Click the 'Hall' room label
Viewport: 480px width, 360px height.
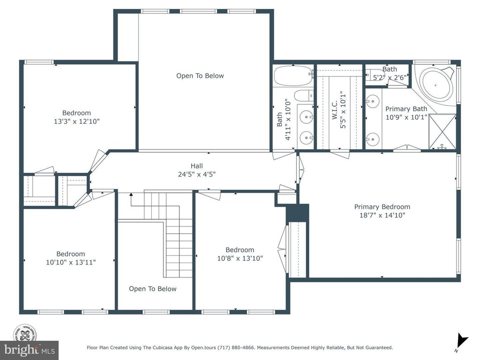(x=196, y=166)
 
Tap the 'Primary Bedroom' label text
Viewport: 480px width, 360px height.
(x=382, y=207)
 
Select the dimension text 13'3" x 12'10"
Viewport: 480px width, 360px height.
(x=77, y=121)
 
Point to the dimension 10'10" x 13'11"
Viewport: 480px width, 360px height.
(x=71, y=262)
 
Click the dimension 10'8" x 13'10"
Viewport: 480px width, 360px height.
(x=240, y=258)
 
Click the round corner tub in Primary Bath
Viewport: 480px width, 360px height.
(x=436, y=84)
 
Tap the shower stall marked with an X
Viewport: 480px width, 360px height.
(x=442, y=132)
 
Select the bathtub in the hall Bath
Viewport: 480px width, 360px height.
(x=293, y=75)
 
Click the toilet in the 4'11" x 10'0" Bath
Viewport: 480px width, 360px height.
(x=304, y=96)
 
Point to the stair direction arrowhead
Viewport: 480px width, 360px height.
(x=131, y=195)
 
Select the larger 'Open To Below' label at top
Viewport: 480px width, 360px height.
(x=200, y=76)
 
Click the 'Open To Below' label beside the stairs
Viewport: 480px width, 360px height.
(x=153, y=289)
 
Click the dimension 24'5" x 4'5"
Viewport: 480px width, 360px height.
(x=197, y=174)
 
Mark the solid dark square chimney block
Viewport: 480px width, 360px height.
(x=297, y=212)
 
